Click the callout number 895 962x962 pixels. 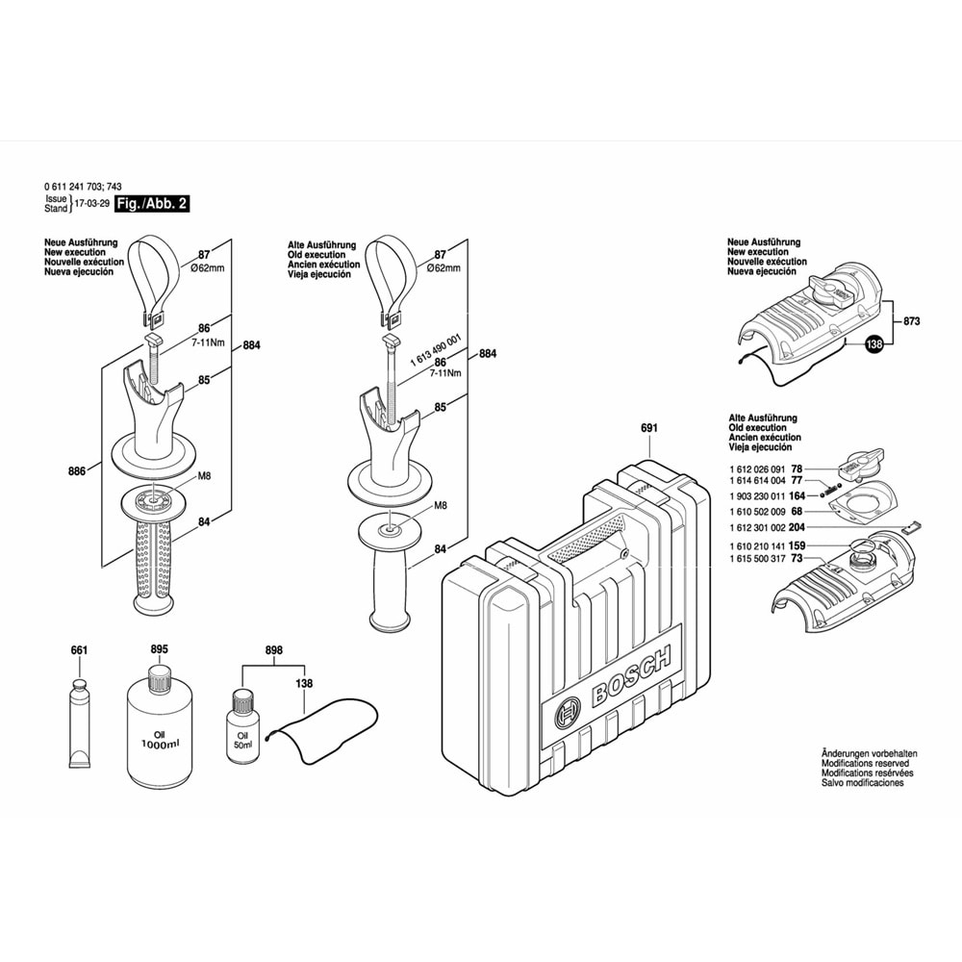click(x=159, y=650)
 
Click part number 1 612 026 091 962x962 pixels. click(x=757, y=468)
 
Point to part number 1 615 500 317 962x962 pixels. click(x=757, y=559)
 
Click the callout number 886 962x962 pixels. click(x=78, y=470)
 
